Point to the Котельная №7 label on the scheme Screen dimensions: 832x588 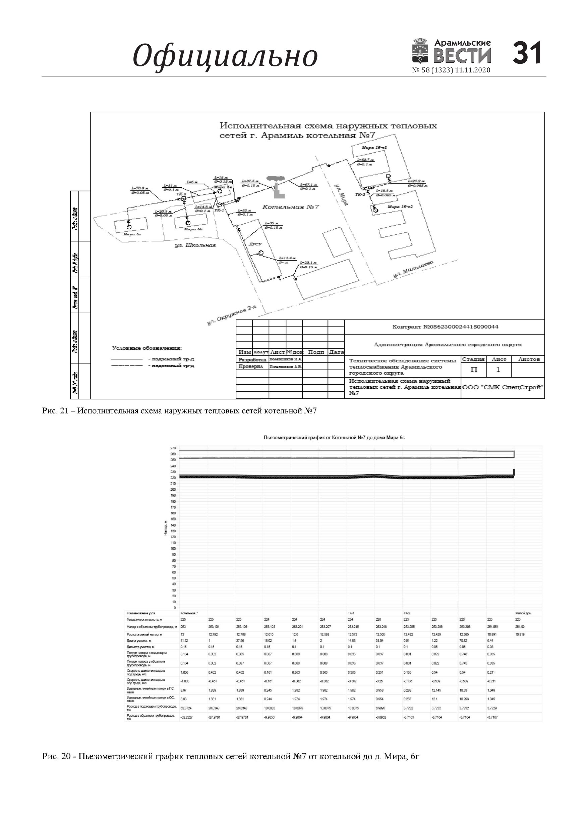291,207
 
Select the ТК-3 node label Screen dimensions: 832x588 360,195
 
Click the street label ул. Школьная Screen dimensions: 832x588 195,245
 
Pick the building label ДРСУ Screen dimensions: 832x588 255,244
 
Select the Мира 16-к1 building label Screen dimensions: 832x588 374,148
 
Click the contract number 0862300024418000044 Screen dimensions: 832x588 445,327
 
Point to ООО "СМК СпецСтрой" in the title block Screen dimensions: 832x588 503,387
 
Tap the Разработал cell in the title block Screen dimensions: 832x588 252,359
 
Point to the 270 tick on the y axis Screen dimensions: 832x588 173,448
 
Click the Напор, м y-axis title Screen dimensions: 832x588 165,528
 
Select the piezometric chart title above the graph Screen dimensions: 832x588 334,438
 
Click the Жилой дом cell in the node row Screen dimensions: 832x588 523,613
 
